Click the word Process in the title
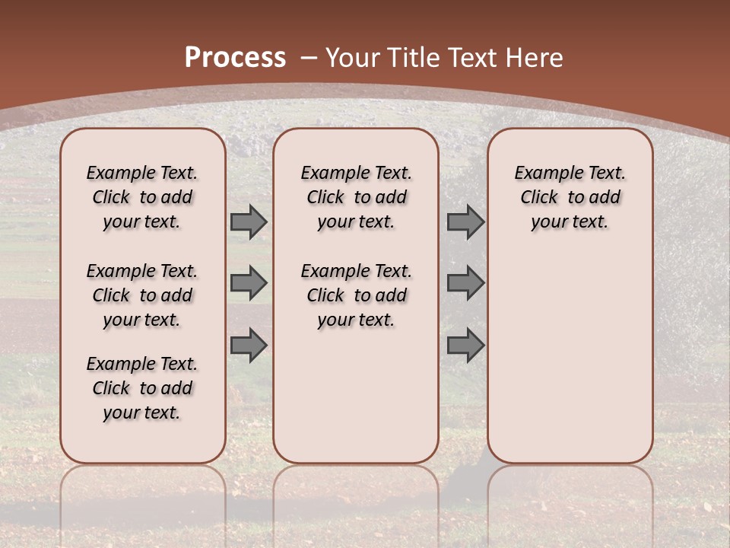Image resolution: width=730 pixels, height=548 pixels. tap(235, 58)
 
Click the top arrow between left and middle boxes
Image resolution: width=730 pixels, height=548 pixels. tap(248, 222)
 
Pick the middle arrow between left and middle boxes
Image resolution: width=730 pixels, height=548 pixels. tap(248, 283)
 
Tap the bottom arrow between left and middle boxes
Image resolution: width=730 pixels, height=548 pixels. tap(248, 345)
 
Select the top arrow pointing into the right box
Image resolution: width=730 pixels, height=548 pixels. tap(465, 222)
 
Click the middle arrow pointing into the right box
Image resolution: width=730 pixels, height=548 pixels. tap(465, 283)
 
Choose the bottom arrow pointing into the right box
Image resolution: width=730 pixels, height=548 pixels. tap(465, 345)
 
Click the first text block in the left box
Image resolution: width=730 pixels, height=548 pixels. tap(142, 197)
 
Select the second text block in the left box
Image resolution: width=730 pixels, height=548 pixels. tap(142, 295)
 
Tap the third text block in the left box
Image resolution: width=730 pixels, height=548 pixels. tap(142, 388)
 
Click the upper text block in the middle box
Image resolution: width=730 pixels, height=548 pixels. tap(356, 197)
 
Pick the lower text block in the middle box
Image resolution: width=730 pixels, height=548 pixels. tap(356, 295)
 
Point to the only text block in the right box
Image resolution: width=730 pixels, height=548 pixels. tap(570, 197)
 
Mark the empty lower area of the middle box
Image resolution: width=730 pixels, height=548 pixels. tap(356, 396)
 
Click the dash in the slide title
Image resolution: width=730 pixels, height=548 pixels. tap(309, 58)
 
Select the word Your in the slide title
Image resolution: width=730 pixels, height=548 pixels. tap(353, 58)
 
